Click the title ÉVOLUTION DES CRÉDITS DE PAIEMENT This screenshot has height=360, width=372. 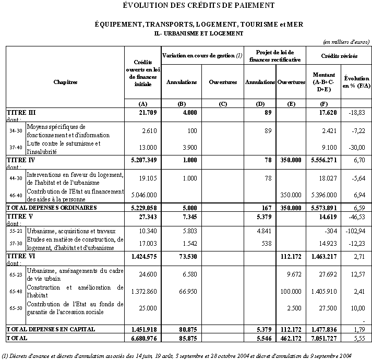199,6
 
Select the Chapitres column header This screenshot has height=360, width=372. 65,82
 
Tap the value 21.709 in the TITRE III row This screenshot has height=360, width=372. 148,112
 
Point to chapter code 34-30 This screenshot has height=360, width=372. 16,130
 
